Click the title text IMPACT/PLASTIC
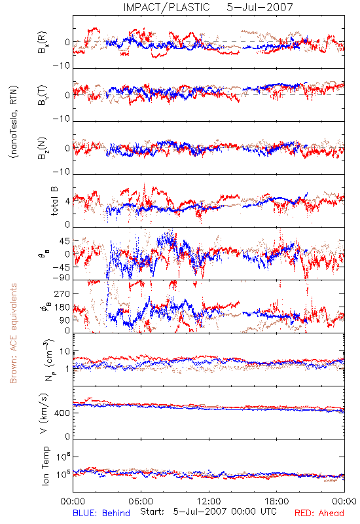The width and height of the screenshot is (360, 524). pos(166,7)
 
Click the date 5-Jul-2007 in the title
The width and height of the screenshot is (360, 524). pos(260,7)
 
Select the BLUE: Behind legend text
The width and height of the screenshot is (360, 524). pos(101,513)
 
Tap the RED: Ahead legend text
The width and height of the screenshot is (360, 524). pos(319,513)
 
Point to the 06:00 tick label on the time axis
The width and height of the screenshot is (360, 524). pos(141,501)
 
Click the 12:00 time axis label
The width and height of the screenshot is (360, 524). pos(209,501)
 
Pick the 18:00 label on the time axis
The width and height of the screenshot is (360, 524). pos(277,501)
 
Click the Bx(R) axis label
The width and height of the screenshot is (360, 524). pos(43,42)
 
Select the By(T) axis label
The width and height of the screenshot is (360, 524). pos(43,95)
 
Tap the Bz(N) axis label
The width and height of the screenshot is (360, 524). pos(43,148)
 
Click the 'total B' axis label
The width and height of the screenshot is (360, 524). pos(54,201)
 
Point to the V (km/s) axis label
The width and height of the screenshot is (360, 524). pos(44,413)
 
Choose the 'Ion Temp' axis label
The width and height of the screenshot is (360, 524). pos(45,466)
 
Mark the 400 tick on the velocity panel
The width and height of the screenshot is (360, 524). pos(62,413)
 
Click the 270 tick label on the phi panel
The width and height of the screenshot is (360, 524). pos(62,293)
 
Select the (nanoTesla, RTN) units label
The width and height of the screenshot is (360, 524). pos(14,122)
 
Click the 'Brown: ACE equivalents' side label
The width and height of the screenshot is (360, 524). pos(13,333)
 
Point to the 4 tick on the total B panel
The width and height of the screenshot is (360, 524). pos(68,202)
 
